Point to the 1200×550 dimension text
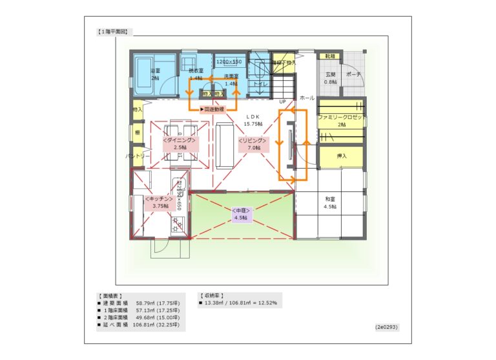pos(229,61)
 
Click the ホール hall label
pos(307,98)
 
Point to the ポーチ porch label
pos(353,74)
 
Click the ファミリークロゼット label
pos(342,121)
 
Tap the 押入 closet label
pos(342,156)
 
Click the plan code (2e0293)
pos(386,326)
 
